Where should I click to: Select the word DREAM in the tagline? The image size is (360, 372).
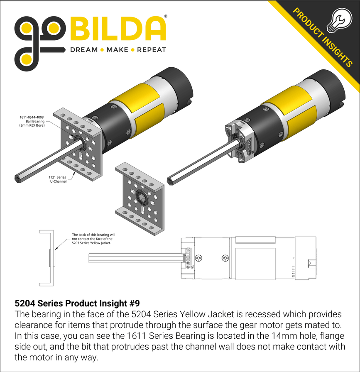[83, 50]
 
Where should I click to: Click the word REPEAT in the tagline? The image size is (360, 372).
[151, 50]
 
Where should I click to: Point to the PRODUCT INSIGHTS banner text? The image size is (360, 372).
[322, 37]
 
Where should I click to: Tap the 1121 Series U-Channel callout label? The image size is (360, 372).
[58, 179]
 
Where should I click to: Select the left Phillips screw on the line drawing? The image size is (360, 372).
[201, 258]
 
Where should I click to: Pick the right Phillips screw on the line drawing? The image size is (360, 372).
[225, 258]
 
